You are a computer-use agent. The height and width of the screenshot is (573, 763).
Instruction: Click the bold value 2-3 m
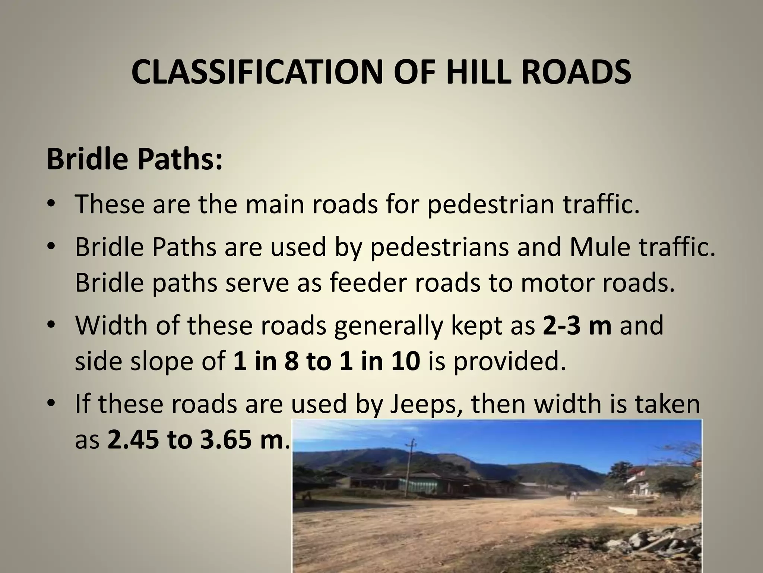[577, 325]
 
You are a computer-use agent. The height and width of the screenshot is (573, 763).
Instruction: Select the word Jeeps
[422, 404]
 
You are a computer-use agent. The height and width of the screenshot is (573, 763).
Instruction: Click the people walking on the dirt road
[572, 495]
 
